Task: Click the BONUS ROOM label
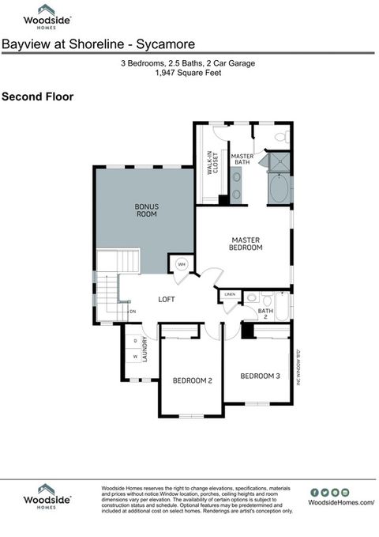(x=146, y=210)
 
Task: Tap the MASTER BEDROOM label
(x=246, y=244)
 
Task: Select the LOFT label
(x=166, y=299)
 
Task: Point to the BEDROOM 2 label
(x=193, y=380)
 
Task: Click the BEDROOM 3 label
(x=260, y=376)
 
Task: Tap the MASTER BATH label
(x=242, y=159)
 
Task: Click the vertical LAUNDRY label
(x=145, y=347)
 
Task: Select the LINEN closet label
(x=230, y=295)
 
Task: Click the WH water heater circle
(x=181, y=264)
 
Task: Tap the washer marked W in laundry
(x=135, y=357)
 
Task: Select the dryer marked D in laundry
(x=135, y=341)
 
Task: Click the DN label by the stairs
(x=133, y=312)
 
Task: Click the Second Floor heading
(x=37, y=97)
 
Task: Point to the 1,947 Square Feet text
(x=188, y=73)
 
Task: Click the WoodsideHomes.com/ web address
(x=341, y=502)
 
